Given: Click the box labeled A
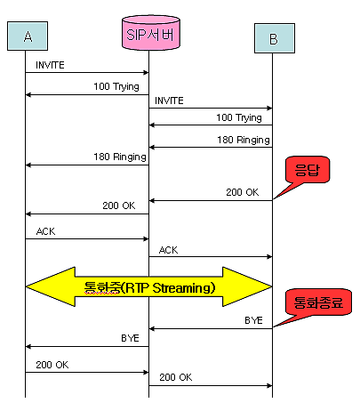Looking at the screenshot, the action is (x=28, y=36).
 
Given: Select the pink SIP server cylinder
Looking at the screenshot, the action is (x=151, y=33).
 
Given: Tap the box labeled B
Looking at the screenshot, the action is (x=275, y=38).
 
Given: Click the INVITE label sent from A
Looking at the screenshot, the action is (x=50, y=65).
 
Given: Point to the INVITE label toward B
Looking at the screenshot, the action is (x=169, y=101).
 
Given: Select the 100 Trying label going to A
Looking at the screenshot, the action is (x=116, y=86).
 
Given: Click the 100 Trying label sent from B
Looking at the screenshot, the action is (x=239, y=117).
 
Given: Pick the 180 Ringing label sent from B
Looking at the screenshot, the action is (x=244, y=140).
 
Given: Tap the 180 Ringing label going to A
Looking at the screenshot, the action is (x=120, y=157).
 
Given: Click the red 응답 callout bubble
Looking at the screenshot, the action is (x=308, y=170).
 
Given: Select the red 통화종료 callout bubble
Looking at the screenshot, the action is (x=318, y=302).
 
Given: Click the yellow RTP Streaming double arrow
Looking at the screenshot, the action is (x=148, y=286).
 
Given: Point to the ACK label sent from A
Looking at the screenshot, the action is (x=45, y=231).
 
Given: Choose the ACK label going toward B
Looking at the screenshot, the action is (x=168, y=250).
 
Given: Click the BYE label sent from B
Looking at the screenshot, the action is (x=253, y=320).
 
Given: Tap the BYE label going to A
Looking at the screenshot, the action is (x=130, y=338).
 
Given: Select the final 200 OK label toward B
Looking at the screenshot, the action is (x=176, y=377).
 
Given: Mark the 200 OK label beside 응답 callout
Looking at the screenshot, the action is (x=243, y=192).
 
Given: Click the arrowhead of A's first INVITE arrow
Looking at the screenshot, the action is (x=146, y=72).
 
